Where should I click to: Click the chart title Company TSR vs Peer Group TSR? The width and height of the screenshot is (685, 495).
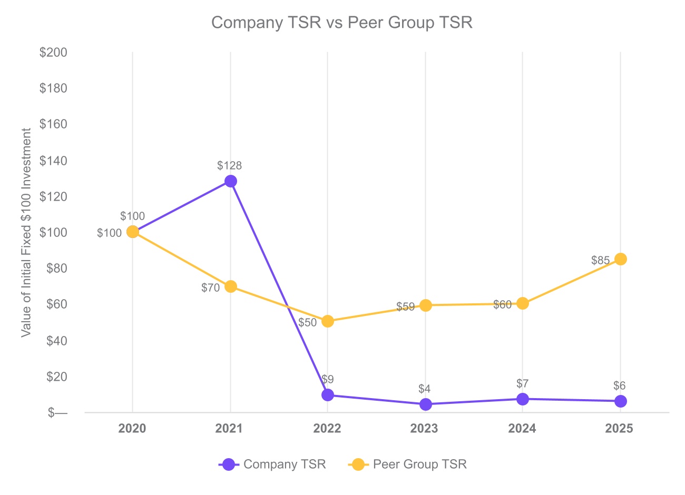[x=341, y=23]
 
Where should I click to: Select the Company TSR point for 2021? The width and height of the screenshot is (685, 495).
[x=230, y=181]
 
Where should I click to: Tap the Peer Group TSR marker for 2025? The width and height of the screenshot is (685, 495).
[x=621, y=259]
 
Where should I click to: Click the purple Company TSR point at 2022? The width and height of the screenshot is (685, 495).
[x=328, y=395]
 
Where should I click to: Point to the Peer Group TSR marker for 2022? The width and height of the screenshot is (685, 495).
[x=328, y=321]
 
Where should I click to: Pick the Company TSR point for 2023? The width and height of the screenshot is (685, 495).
[x=426, y=404]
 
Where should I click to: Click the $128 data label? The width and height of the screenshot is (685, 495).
[x=229, y=166]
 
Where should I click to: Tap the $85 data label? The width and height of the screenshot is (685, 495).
[x=600, y=261]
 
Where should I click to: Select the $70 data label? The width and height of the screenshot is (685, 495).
[x=210, y=288]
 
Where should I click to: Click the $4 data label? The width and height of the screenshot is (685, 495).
[x=424, y=389]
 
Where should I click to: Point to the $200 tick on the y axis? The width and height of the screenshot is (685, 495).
[x=53, y=53]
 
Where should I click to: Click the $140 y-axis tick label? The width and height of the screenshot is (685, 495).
[x=53, y=161]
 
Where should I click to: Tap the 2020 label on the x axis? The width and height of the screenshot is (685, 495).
[x=132, y=429]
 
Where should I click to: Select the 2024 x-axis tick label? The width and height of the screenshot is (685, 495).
[x=522, y=429]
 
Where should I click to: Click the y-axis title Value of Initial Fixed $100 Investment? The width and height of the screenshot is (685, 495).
[x=26, y=233]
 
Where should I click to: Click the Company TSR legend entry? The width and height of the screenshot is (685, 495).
[x=273, y=464]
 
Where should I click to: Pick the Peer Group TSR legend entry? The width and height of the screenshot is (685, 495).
[x=408, y=464]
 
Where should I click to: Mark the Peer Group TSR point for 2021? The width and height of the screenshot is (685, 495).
[x=230, y=286]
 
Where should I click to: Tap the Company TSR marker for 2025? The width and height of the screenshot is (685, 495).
[x=621, y=401]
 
